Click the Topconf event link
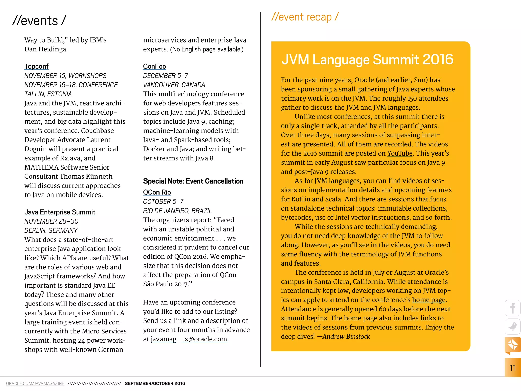[x=36, y=66]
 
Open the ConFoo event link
[x=154, y=66]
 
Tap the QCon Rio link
[x=157, y=192]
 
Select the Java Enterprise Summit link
[x=60, y=212]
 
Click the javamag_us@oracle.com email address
[x=189, y=339]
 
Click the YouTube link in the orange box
[x=400, y=153]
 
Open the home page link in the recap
[x=429, y=300]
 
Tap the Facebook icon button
[x=513, y=308]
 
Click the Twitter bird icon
[x=513, y=326]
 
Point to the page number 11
[x=513, y=368]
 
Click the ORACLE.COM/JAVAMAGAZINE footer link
[x=35, y=384]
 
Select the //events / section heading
[x=39, y=21]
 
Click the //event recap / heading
[x=305, y=17]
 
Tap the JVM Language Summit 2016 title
[x=367, y=60]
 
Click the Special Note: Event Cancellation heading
[x=193, y=181]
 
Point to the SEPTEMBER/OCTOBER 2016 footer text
[x=155, y=384]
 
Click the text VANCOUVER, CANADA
[x=174, y=85]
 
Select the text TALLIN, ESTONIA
[x=48, y=94]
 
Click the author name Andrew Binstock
[x=346, y=337]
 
